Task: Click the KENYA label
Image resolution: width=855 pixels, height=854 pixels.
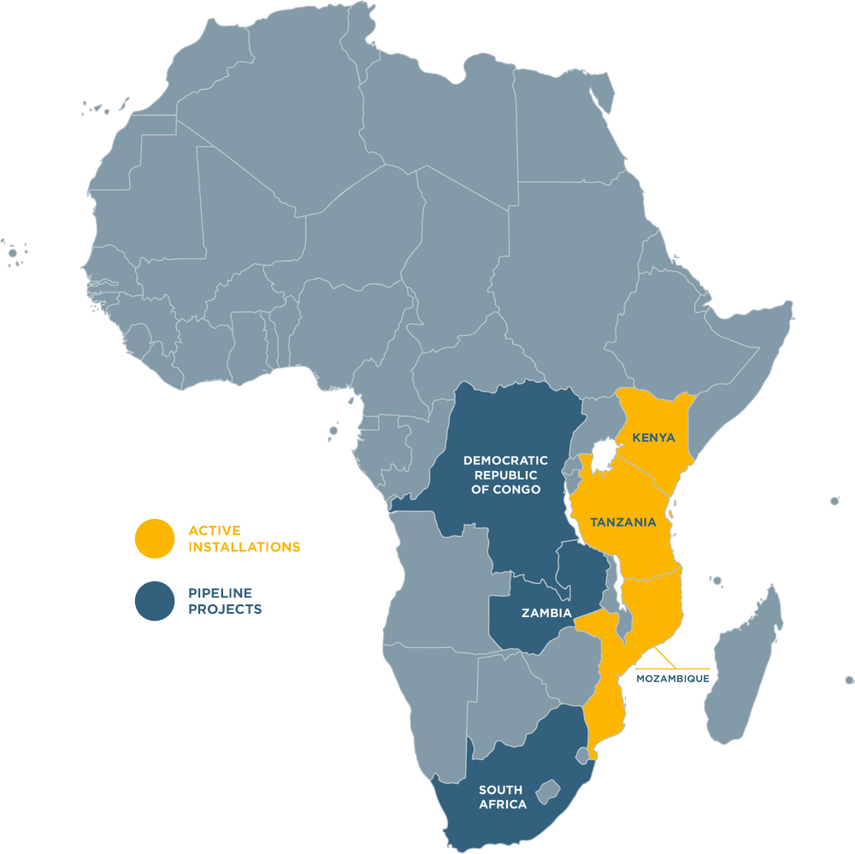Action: [653, 438]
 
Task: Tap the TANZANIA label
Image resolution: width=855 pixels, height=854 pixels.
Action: [622, 521]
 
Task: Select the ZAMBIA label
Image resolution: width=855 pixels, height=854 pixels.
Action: [546, 612]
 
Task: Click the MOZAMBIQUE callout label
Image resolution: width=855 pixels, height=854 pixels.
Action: [672, 679]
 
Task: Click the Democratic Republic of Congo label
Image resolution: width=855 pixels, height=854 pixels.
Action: [502, 474]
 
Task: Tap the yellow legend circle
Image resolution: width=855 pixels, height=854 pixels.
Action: [155, 539]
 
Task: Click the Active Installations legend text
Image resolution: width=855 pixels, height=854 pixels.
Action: [244, 539]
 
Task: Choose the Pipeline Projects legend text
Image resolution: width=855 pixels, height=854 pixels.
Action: [225, 601]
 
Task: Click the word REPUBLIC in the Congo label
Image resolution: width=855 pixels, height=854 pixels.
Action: [502, 474]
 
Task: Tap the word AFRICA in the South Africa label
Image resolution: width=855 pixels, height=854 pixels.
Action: [503, 804]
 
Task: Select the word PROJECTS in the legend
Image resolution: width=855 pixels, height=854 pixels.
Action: [225, 610]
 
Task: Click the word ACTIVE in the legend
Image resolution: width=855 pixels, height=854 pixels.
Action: [215, 530]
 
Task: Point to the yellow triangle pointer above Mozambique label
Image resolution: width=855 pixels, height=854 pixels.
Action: [655, 657]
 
